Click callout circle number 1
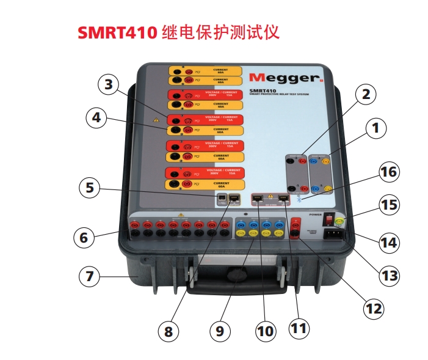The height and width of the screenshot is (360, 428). point(376,128)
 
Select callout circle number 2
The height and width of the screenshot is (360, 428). point(365,95)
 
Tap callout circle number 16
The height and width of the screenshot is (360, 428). point(387,173)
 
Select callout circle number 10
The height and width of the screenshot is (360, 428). point(264,331)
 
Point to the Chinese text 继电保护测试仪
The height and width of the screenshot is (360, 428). point(222,32)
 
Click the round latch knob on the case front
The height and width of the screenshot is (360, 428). point(233,276)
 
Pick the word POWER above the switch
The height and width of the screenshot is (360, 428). point(315,215)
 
